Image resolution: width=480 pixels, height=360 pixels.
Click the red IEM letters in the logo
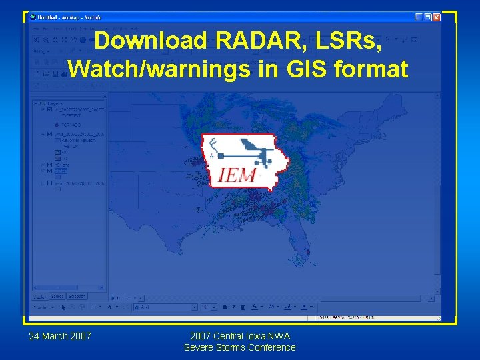point(237,175)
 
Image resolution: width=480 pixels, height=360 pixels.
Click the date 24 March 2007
point(60,335)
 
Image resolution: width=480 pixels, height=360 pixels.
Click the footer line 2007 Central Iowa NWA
point(239,336)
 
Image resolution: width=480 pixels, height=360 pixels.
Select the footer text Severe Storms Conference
point(239,347)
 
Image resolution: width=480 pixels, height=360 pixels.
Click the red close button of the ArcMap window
point(437,17)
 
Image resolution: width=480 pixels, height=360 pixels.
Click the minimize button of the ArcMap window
point(419,17)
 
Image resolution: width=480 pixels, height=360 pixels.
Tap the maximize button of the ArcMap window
point(427,17)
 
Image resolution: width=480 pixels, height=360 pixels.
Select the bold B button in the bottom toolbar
point(225,307)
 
